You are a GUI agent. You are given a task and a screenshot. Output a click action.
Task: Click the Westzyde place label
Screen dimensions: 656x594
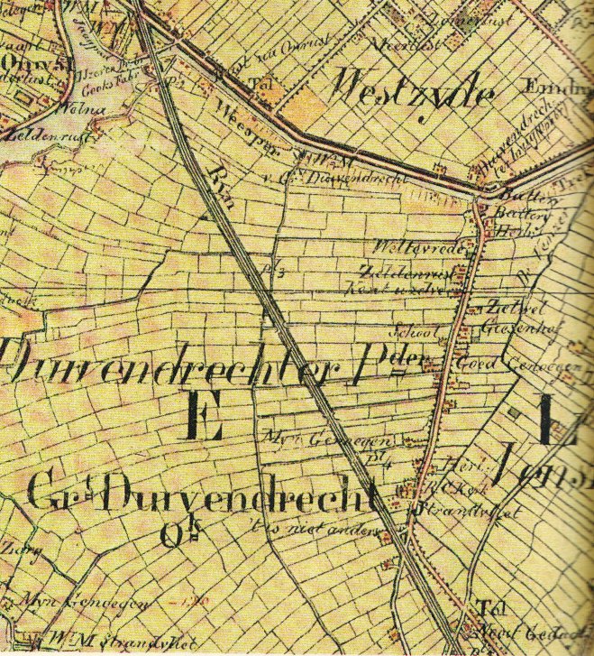coord(414,91)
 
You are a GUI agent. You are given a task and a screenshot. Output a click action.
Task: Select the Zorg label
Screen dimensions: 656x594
coord(14,547)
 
